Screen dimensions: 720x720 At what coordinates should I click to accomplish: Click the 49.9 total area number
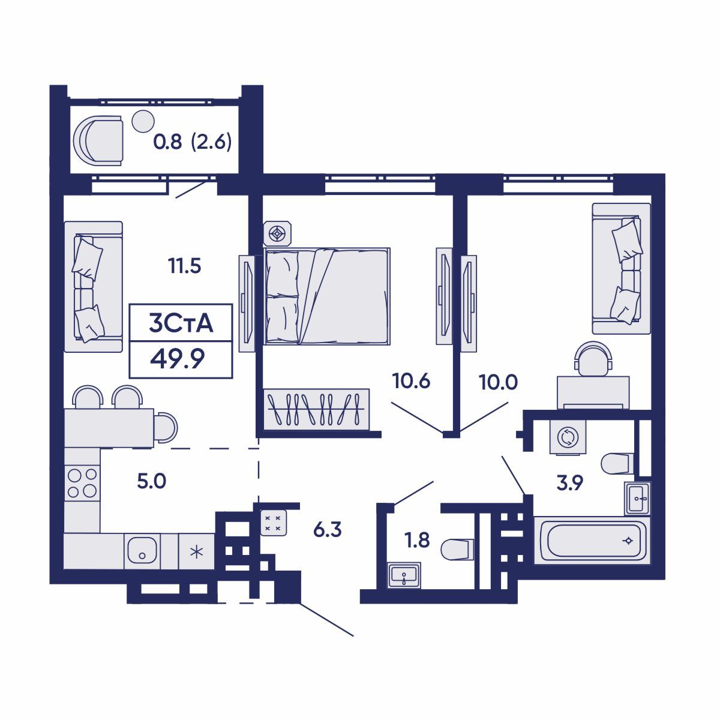point(177,359)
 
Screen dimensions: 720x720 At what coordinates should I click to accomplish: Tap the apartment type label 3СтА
point(181,323)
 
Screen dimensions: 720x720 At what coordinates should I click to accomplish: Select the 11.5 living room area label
point(184,266)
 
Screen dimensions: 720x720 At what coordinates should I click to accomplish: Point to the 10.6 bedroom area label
point(411,381)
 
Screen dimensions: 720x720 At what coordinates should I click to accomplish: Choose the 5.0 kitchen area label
point(151,481)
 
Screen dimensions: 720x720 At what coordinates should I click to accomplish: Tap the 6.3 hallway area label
point(328,530)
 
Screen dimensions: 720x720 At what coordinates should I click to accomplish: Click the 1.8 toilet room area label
point(418,540)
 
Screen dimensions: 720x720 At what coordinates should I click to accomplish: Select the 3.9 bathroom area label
point(569,483)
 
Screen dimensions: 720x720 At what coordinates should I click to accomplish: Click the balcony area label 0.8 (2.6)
point(193,142)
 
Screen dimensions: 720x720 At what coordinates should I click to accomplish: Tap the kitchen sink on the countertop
point(142,550)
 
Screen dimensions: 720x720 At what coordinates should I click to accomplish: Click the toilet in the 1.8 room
point(457,550)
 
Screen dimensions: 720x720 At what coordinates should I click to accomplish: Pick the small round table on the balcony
point(143,121)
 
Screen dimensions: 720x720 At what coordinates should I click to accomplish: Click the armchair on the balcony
point(98,140)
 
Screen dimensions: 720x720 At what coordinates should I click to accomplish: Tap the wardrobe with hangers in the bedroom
point(316,409)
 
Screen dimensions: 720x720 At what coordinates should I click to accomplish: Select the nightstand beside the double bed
point(277,234)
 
